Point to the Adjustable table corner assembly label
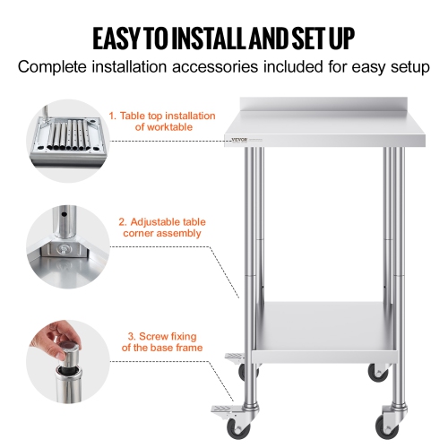(x=159, y=227)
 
